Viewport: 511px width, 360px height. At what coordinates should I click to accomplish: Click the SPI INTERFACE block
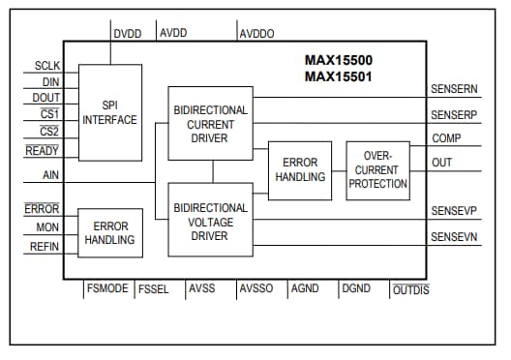(109, 112)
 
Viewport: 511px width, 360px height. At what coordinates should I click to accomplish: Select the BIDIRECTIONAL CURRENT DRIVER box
(210, 123)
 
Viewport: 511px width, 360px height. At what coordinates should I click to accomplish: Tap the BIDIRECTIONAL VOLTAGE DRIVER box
(210, 220)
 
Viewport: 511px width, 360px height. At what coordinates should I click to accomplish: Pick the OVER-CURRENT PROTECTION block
(377, 169)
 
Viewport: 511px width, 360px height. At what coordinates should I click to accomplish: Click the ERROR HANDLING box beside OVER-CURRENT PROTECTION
(299, 169)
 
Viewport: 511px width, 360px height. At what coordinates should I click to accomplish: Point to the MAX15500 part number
(339, 60)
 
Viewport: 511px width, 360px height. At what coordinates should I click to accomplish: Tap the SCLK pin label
(46, 67)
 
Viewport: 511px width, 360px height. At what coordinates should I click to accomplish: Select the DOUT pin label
(45, 98)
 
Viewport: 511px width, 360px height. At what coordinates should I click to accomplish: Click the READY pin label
(43, 151)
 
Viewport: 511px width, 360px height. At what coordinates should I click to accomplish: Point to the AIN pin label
(51, 176)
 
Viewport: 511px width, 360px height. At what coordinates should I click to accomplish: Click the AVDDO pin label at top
(256, 34)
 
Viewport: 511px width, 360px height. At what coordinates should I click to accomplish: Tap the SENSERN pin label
(452, 89)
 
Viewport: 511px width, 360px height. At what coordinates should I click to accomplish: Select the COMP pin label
(446, 138)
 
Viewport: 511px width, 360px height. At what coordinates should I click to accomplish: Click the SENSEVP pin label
(452, 211)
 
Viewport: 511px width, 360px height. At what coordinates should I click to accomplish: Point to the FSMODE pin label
(106, 288)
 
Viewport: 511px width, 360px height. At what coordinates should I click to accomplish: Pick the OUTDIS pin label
(410, 289)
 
